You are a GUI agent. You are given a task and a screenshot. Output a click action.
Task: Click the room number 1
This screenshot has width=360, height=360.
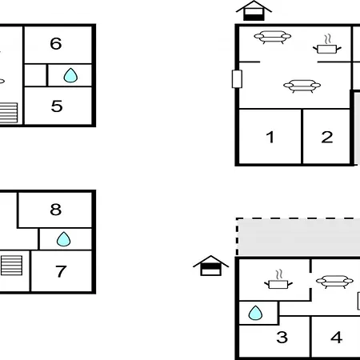click(270, 137)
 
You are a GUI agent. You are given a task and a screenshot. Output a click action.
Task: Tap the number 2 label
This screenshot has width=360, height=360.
click(327, 137)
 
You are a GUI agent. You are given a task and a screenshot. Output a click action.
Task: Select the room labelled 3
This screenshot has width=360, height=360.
click(282, 337)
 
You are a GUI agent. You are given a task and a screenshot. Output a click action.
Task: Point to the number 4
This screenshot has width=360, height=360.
click(336, 337)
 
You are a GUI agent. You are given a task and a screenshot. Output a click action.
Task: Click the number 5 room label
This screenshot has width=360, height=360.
click(57, 106)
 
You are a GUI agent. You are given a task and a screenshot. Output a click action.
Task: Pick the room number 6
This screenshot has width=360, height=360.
click(56, 43)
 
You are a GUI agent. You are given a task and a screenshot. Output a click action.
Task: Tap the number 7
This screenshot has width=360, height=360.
click(61, 271)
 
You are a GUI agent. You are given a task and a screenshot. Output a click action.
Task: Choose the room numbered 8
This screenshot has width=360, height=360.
click(56, 210)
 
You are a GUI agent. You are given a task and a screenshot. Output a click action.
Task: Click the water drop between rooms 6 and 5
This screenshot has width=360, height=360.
click(70, 75)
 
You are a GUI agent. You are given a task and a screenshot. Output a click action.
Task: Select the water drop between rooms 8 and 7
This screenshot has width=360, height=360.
click(64, 239)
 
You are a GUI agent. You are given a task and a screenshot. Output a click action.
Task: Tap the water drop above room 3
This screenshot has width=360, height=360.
click(255, 313)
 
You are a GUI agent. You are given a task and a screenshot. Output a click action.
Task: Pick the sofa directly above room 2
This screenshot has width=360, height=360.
click(302, 86)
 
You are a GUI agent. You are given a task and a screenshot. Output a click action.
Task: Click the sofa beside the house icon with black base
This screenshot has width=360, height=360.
click(272, 37)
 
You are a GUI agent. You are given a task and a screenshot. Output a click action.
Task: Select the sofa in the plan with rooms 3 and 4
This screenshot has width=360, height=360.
click(334, 282)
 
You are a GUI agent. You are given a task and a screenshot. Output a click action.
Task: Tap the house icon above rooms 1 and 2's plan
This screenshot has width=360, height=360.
click(254, 10)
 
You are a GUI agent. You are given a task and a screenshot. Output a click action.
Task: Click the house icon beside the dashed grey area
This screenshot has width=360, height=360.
click(210, 266)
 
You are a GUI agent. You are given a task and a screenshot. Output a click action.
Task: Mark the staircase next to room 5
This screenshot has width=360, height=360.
click(9, 113)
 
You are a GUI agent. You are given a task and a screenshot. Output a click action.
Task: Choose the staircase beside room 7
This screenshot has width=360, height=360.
click(11, 266)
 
